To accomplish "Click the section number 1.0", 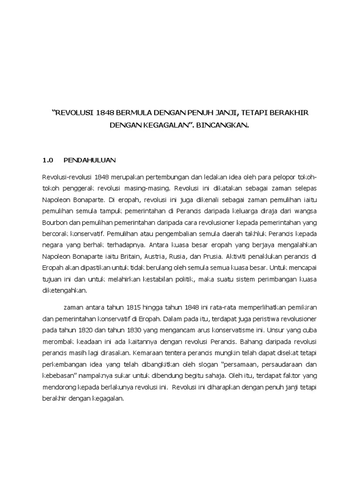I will click(x=48, y=159).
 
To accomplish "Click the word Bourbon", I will click(x=55, y=223).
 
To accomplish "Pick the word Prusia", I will click(x=214, y=256).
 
